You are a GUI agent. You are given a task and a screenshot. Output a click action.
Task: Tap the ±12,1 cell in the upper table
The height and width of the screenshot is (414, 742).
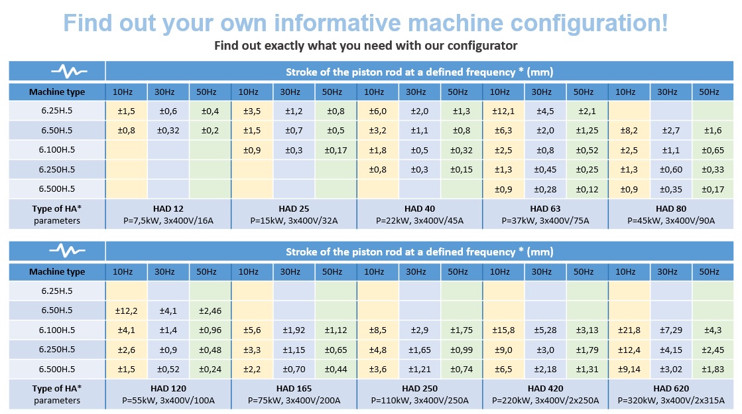(x=502, y=111)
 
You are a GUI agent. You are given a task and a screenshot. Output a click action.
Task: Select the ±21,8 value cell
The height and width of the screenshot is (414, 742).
(x=629, y=330)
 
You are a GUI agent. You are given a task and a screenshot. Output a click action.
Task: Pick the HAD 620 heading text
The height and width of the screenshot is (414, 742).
(x=670, y=388)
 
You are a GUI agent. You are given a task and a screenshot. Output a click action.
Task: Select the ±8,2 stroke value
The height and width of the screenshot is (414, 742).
(x=629, y=131)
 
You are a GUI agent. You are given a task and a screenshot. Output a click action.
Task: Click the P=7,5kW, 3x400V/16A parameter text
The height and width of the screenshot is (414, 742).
(x=168, y=220)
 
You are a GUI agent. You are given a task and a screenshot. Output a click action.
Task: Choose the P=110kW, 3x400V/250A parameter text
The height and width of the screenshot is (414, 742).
(x=419, y=400)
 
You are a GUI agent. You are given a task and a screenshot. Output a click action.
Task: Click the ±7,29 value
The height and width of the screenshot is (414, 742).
(x=670, y=330)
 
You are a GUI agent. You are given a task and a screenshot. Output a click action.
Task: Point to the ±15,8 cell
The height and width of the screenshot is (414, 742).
(x=502, y=330)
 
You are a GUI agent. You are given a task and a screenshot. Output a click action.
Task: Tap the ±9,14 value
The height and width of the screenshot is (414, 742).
(x=629, y=369)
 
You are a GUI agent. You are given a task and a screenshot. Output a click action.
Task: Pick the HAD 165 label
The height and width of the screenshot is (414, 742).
(x=293, y=388)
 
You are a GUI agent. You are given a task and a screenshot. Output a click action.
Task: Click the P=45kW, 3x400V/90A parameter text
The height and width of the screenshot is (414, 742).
(x=670, y=220)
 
